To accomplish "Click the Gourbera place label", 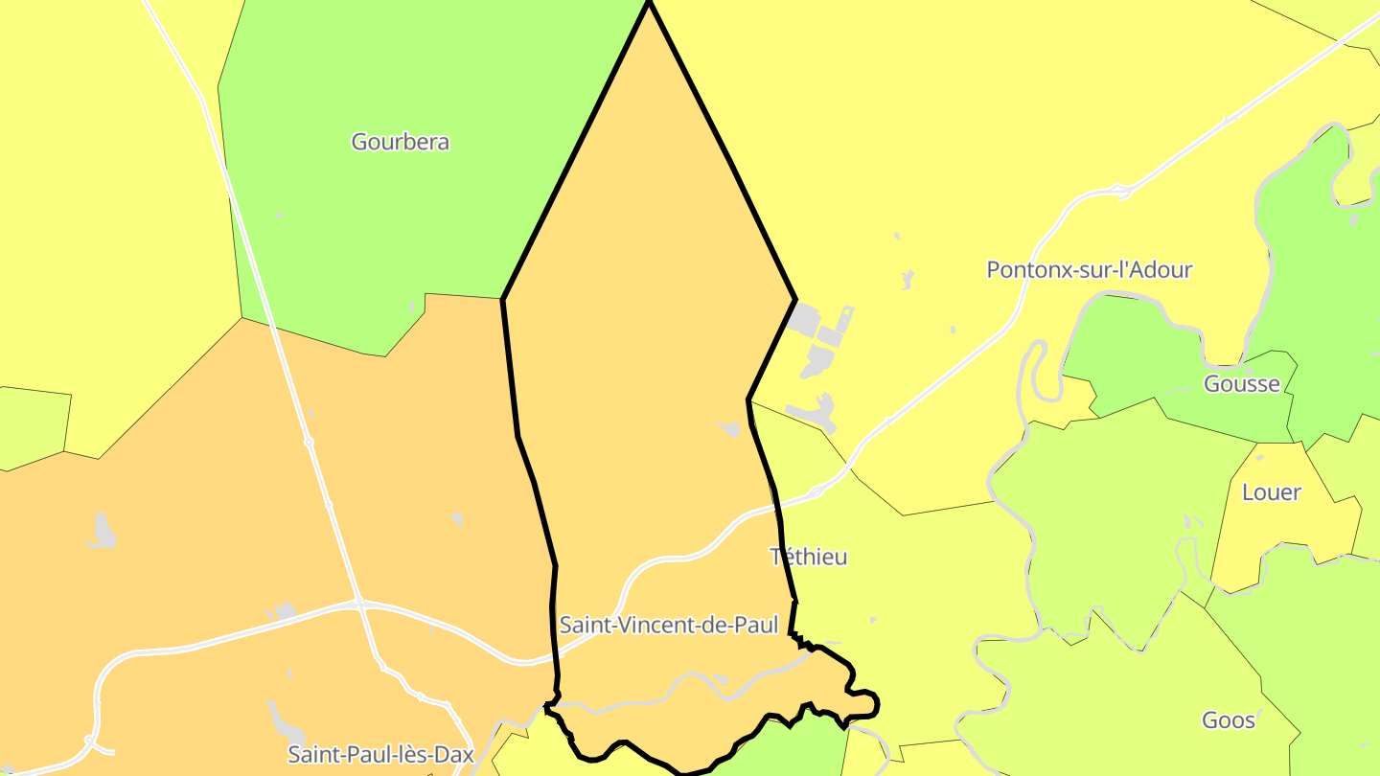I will pyautogui.click(x=400, y=142).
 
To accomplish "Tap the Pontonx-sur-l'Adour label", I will pyautogui.click(x=1089, y=269).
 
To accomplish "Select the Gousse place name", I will pyautogui.click(x=1241, y=384).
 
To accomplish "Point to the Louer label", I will pyautogui.click(x=1271, y=492).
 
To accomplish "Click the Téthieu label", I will pyautogui.click(x=809, y=557).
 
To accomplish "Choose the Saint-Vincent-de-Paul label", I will pyautogui.click(x=668, y=626).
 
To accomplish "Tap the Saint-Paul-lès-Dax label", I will pyautogui.click(x=380, y=754).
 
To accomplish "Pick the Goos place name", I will pyautogui.click(x=1228, y=720).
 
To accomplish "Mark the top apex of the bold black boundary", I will pyautogui.click(x=649, y=3).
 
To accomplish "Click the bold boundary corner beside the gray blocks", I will pyautogui.click(x=794, y=301).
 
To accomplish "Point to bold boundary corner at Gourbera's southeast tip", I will pyautogui.click(x=503, y=299).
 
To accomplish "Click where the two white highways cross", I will pyautogui.click(x=358, y=603).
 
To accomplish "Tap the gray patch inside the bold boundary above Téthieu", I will pyautogui.click(x=730, y=429).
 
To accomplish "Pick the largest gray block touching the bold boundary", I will pyautogui.click(x=804, y=319).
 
